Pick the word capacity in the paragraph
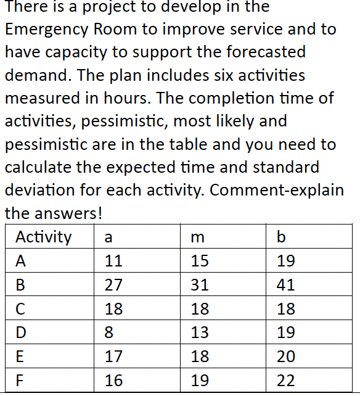tap(83, 52)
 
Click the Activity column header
tap(43, 237)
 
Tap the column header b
tap(282, 237)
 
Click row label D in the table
tap(21, 333)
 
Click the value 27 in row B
tap(113, 285)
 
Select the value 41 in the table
tap(286, 285)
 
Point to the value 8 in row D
tap(109, 333)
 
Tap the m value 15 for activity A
tap(200, 261)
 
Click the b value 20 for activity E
tap(286, 357)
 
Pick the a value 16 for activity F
tap(113, 381)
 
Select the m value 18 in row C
tap(200, 309)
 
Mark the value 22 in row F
tap(286, 381)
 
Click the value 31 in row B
tap(200, 285)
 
